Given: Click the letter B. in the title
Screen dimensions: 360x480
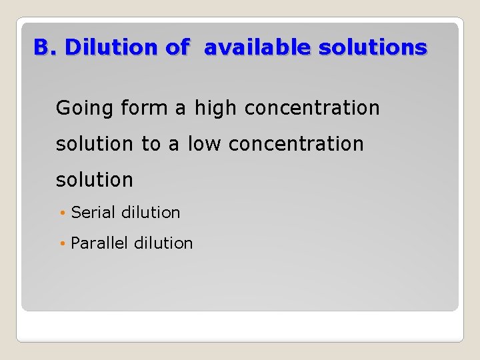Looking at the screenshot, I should click(46, 47).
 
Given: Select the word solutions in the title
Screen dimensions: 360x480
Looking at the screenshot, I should click(373, 47).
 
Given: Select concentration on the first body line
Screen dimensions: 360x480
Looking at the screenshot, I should click(312, 107).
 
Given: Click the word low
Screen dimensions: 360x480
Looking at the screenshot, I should click(205, 143).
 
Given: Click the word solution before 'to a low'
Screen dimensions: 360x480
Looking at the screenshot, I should click(95, 143).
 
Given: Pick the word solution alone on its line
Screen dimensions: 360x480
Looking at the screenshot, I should click(95, 179).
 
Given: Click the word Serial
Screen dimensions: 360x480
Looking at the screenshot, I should click(93, 213).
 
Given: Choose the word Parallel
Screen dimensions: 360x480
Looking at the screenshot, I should click(99, 243).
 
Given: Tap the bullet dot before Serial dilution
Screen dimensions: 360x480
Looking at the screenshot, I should click(63, 213).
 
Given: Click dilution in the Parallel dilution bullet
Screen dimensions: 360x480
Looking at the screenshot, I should click(163, 243).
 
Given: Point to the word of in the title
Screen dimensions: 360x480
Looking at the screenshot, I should click(177, 47).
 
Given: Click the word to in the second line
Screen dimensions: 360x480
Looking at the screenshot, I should click(151, 143).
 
